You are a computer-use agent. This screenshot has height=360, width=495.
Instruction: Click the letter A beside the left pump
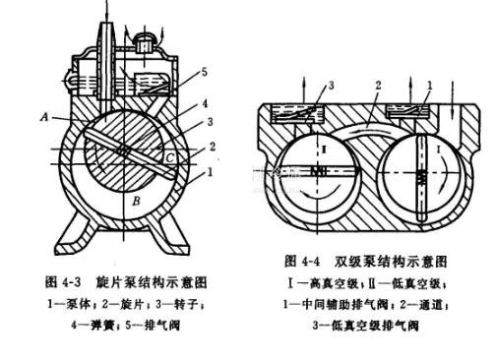pyautogui.click(x=44, y=116)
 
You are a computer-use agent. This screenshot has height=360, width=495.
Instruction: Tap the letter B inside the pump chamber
pyautogui.click(x=136, y=201)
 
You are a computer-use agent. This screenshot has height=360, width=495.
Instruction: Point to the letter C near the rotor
pyautogui.click(x=169, y=158)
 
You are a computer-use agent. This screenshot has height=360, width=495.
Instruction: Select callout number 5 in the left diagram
pyautogui.click(x=204, y=72)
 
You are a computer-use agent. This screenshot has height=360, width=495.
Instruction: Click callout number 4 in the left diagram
pyautogui.click(x=205, y=103)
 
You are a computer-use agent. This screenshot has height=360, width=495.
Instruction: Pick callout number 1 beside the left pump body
pyautogui.click(x=211, y=171)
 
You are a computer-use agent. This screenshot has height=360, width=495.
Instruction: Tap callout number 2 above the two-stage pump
pyautogui.click(x=379, y=86)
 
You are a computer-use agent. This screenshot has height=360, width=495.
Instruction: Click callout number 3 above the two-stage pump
pyautogui.click(x=331, y=86)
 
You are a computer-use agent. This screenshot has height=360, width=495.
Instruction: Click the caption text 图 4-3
pyautogui.click(x=63, y=281)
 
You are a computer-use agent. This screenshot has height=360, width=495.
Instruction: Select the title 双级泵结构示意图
pyautogui.click(x=391, y=262)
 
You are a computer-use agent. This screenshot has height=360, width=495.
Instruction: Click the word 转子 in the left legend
pyautogui.click(x=188, y=304)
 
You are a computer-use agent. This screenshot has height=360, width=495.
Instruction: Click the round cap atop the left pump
pyautogui.click(x=144, y=42)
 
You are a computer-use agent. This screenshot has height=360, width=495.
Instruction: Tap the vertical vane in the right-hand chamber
pyautogui.click(x=421, y=179)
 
